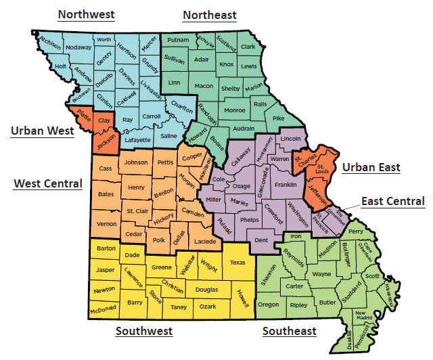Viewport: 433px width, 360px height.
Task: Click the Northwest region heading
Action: pos(86,14)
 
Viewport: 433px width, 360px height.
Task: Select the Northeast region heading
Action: pos(210,15)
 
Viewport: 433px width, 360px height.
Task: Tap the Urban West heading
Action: pos(42,131)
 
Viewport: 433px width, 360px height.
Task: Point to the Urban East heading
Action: pos(371,167)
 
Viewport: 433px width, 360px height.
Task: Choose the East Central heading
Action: pos(393,201)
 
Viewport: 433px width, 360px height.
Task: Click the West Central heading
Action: pos(48,183)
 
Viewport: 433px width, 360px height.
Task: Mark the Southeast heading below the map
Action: pos(289,331)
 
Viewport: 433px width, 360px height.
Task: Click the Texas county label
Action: pos(238,263)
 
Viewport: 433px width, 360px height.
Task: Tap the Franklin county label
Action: pos(286,184)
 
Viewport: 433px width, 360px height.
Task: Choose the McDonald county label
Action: pos(104,310)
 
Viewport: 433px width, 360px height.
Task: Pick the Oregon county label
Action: pos(269,305)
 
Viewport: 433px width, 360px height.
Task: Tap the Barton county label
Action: pos(106,248)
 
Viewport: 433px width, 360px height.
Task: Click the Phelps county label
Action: pos(250,220)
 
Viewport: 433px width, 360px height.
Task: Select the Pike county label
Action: pos(278,118)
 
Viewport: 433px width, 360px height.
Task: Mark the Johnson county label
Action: pos(136,162)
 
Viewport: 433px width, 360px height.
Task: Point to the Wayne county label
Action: pos(322,274)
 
